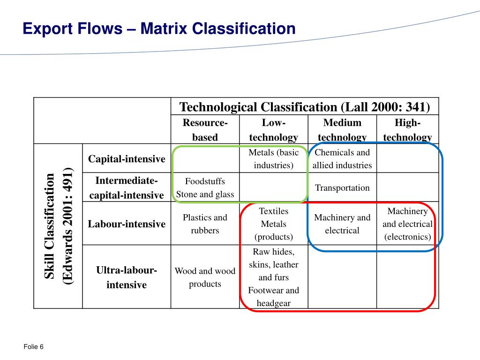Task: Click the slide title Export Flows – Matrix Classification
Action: point(159,29)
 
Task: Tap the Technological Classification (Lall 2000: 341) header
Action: point(305,107)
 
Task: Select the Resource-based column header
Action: point(205,130)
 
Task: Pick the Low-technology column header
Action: point(273,130)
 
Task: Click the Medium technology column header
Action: point(342,130)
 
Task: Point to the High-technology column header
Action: point(407,130)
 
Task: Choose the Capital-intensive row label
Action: point(127,159)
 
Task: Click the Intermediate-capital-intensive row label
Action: point(127,187)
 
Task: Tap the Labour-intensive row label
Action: point(127,224)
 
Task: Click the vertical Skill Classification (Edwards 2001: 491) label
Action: point(59,226)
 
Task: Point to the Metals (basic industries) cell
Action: point(273,159)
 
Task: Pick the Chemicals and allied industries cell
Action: point(342,159)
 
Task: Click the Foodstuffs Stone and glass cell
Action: point(205,188)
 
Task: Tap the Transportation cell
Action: point(342,188)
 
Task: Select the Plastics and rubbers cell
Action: point(205,224)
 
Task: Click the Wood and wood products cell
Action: point(205,277)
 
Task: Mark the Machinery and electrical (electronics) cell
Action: point(407,224)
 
